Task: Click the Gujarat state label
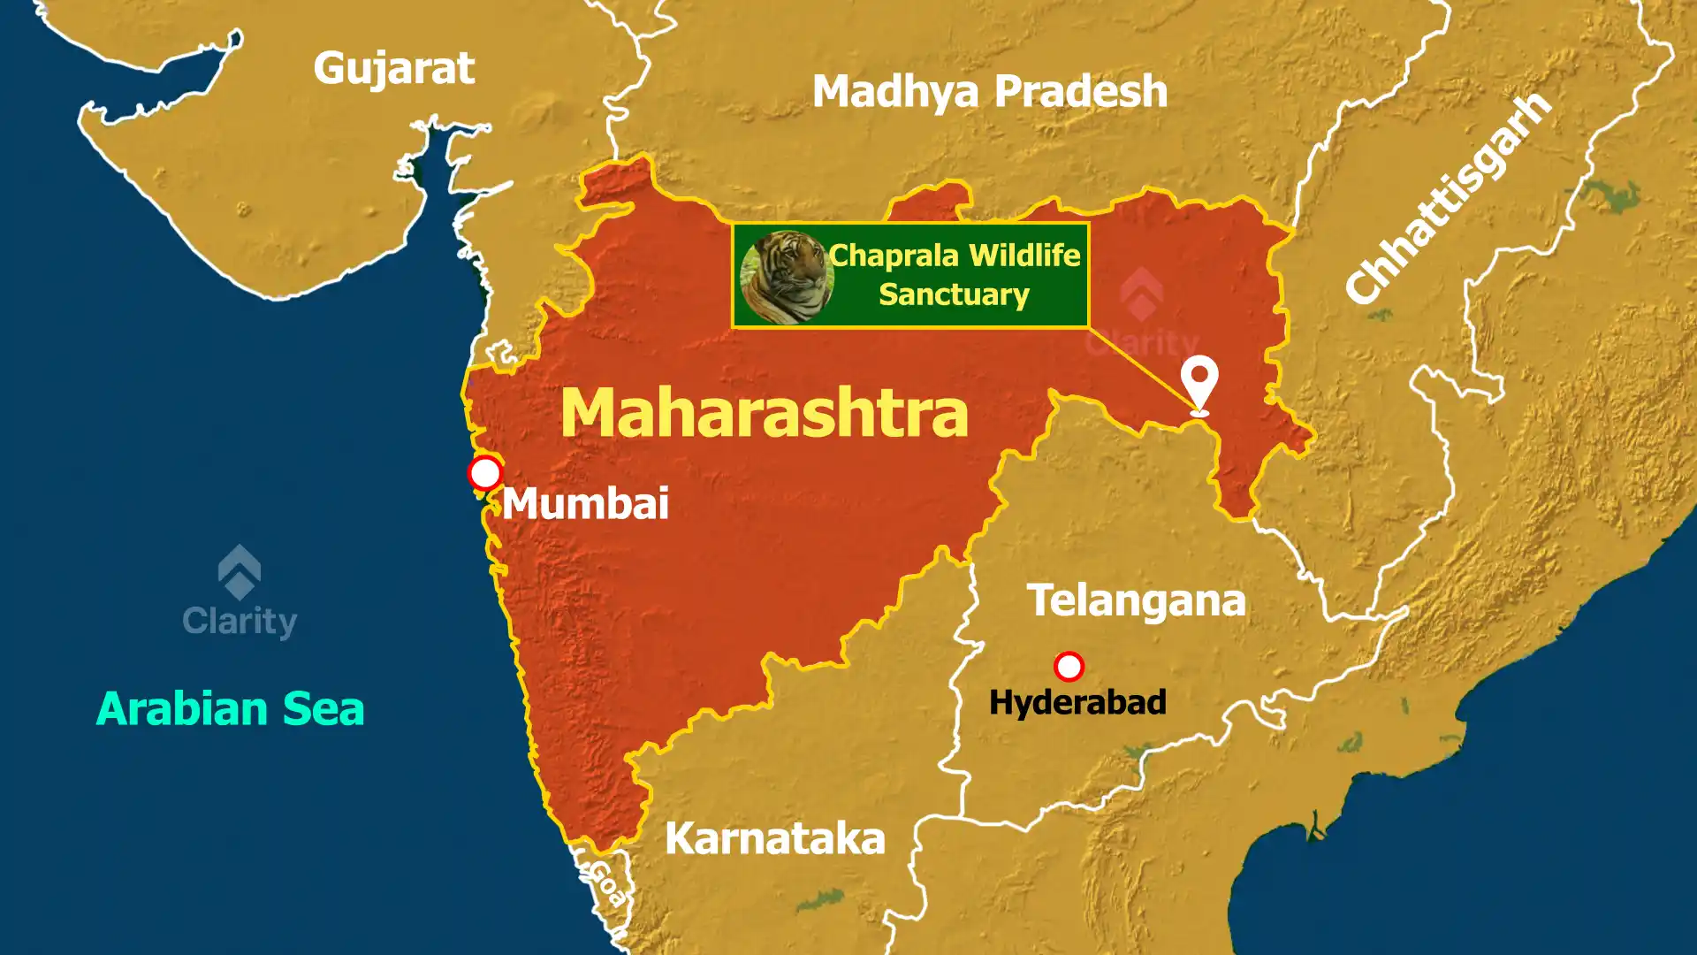394,69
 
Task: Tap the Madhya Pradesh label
990,91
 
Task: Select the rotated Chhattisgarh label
1448,198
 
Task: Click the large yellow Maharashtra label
765,413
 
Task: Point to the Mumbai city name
586,504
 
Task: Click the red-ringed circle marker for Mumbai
485,473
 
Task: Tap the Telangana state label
1136,601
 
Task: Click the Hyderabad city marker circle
1069,666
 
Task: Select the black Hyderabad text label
1077,703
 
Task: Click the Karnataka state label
774,838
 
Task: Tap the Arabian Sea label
230,709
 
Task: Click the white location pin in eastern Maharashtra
1199,380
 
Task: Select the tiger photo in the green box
786,276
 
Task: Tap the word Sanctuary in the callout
954,294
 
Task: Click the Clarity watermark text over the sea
240,621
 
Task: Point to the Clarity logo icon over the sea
240,571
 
